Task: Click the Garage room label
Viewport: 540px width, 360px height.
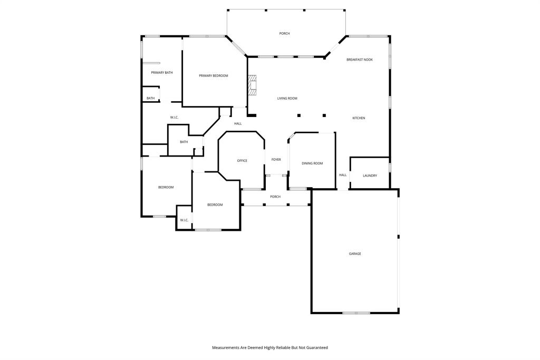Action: point(355,254)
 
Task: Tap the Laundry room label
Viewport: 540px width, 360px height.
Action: point(370,176)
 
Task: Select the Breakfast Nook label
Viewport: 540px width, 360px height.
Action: point(360,60)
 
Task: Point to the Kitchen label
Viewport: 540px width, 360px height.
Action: point(359,118)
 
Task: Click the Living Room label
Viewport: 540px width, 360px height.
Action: point(287,99)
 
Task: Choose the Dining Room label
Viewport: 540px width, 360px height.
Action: point(312,163)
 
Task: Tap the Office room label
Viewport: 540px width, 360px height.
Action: point(242,161)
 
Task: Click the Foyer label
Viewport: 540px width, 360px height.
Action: point(276,160)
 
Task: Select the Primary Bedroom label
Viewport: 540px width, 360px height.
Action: point(214,76)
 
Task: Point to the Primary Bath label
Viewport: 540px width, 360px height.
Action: point(162,73)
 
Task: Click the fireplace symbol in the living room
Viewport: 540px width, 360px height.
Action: point(253,85)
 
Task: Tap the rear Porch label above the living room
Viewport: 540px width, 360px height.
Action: point(284,33)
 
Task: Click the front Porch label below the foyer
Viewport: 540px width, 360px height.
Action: point(275,197)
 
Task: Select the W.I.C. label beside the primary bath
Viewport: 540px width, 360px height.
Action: point(174,118)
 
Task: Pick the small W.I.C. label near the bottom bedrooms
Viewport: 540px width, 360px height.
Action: point(184,220)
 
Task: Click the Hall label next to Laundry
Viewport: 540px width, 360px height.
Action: point(343,175)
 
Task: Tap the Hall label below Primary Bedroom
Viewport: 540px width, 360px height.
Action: point(238,123)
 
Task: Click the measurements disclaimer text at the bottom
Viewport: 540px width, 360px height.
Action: point(270,347)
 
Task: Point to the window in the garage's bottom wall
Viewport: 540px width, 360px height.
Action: point(356,313)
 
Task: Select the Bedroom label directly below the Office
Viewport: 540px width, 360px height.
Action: point(215,205)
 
